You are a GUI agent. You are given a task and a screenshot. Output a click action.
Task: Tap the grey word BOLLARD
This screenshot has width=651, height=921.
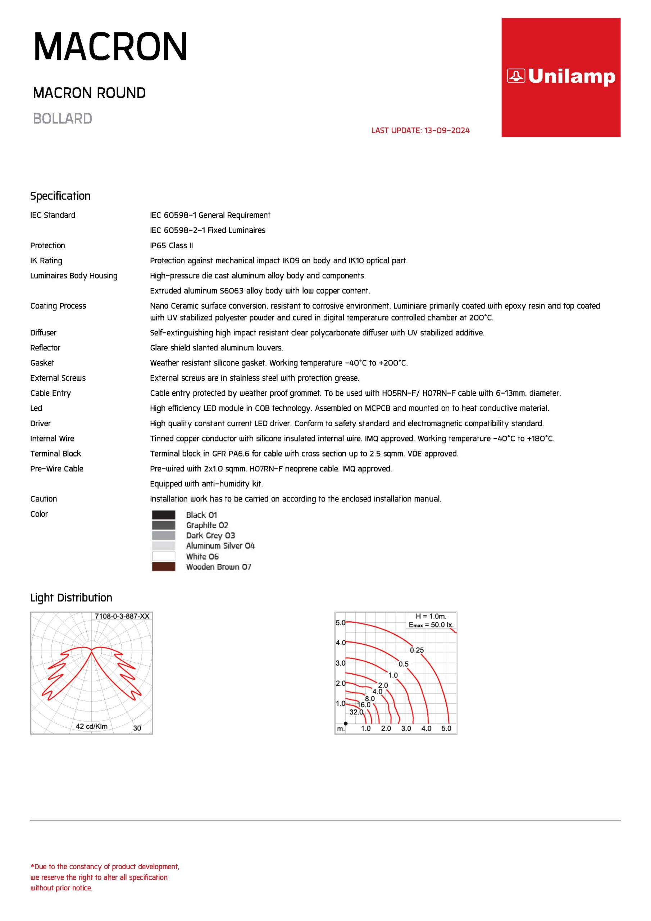pyautogui.click(x=63, y=119)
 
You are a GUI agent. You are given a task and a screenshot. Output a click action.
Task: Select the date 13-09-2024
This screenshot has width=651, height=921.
pyautogui.click(x=447, y=130)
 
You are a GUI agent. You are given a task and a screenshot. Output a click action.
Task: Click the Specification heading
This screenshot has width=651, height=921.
pyautogui.click(x=60, y=196)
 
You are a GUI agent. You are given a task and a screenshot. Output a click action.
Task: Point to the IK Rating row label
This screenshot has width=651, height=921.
pyautogui.click(x=46, y=261)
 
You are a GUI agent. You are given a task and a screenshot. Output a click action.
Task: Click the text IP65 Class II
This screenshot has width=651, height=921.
pyautogui.click(x=171, y=245)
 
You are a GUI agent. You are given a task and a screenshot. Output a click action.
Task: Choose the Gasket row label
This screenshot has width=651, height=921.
pyautogui.click(x=42, y=363)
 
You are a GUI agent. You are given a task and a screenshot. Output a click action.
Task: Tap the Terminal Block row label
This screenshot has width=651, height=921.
pyautogui.click(x=56, y=454)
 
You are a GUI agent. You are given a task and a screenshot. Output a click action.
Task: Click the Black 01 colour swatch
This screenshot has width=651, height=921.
pyautogui.click(x=164, y=515)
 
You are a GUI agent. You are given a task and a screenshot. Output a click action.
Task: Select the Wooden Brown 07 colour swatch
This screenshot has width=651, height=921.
pyautogui.click(x=164, y=566)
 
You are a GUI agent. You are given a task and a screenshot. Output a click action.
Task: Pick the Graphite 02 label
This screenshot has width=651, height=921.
pyautogui.click(x=207, y=525)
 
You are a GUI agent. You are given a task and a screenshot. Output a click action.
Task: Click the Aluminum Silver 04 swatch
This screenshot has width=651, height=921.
pyautogui.click(x=164, y=545)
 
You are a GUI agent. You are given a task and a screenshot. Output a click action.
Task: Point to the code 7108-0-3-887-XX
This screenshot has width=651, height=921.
pyautogui.click(x=122, y=616)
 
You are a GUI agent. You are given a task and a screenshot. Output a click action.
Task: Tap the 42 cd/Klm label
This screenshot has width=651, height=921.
pyautogui.click(x=91, y=726)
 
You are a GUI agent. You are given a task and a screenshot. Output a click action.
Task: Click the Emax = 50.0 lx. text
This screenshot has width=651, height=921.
pyautogui.click(x=431, y=625)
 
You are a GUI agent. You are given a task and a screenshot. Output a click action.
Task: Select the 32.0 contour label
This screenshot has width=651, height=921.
pyautogui.click(x=356, y=712)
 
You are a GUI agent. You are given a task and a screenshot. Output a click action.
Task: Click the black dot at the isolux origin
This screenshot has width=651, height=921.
pyautogui.click(x=346, y=723)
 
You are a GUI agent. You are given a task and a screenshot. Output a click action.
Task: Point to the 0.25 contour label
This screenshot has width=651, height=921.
pyautogui.click(x=417, y=650)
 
